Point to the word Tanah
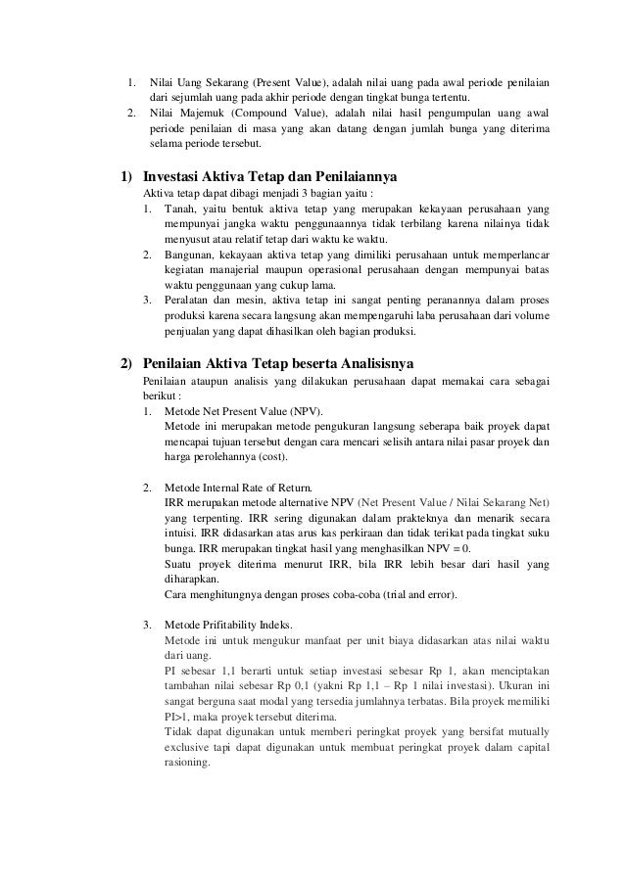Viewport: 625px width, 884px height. click(x=179, y=210)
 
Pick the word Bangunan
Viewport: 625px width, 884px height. click(x=190, y=256)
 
